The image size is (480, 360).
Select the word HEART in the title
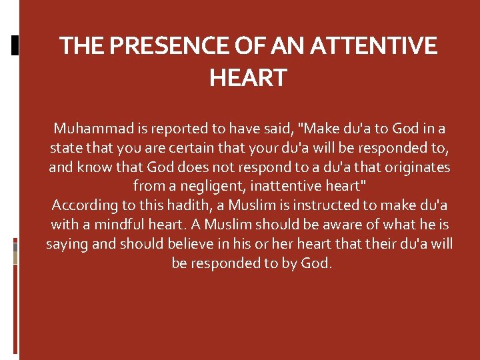coord(247,78)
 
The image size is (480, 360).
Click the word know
coord(92,167)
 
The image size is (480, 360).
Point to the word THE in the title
coord(81,46)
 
